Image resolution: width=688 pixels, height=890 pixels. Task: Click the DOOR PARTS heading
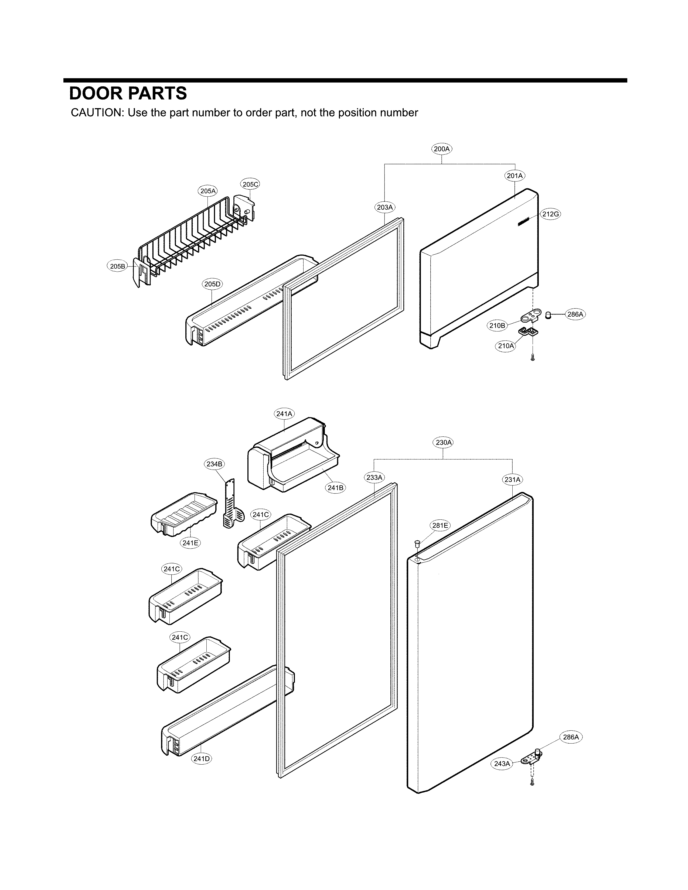(128, 93)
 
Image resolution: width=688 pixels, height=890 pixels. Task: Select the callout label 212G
(551, 214)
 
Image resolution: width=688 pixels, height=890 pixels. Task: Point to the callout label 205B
(117, 266)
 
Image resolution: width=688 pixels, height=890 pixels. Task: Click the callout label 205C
(250, 184)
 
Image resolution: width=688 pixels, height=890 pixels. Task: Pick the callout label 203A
(384, 207)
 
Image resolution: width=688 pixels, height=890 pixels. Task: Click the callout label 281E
(440, 526)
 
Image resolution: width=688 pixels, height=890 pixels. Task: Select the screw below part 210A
(533, 358)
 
